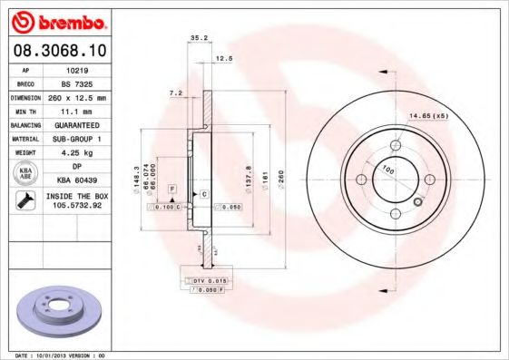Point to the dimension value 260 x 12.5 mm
point(76,96)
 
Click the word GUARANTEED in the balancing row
point(76,124)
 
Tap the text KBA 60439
point(76,180)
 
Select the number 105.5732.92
point(76,208)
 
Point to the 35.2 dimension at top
point(195,37)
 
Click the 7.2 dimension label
point(177,92)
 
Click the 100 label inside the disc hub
point(387,170)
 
